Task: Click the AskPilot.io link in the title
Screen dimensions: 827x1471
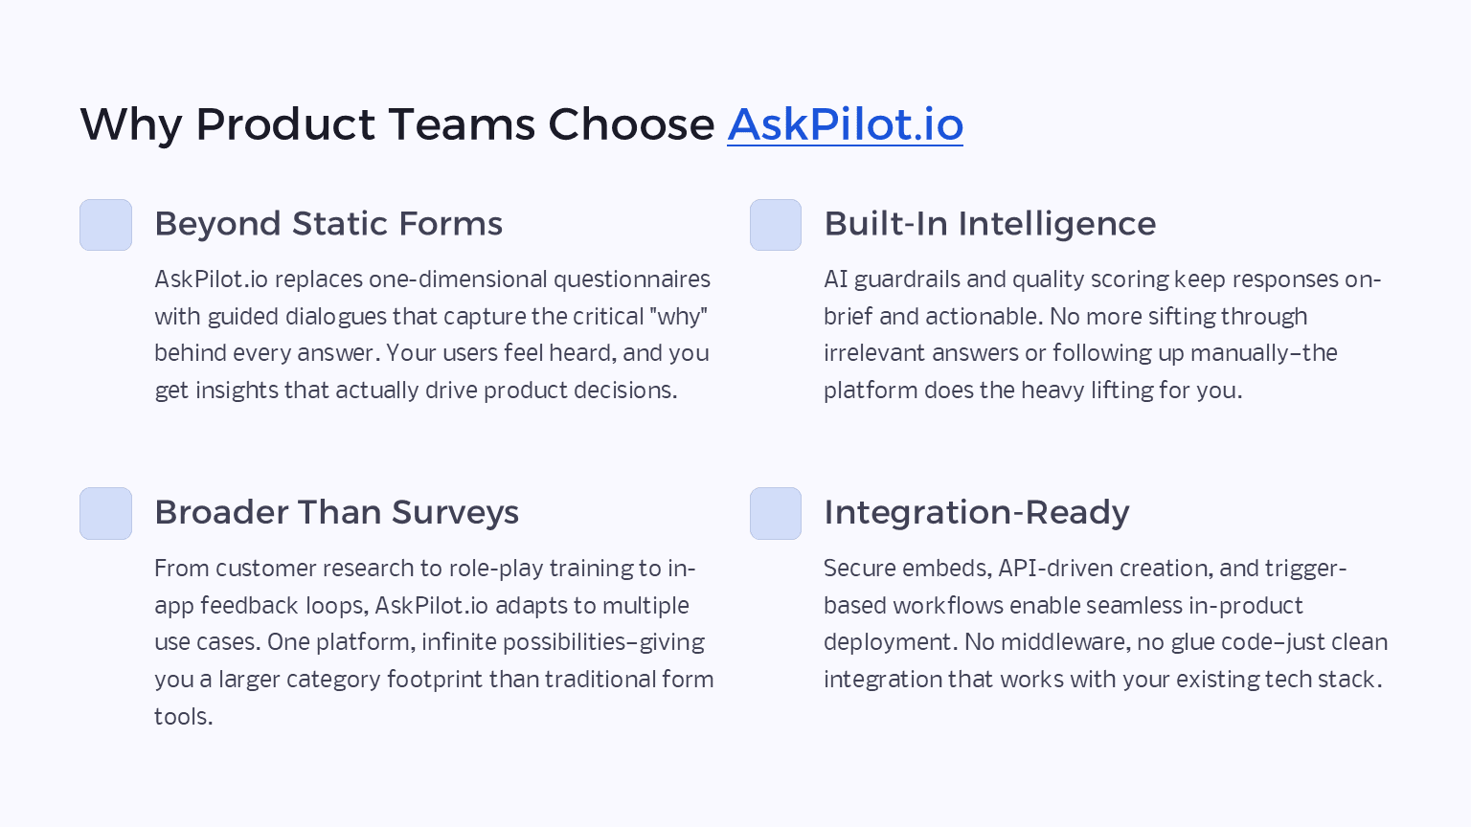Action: (x=845, y=124)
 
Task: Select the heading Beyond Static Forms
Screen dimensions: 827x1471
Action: (x=328, y=224)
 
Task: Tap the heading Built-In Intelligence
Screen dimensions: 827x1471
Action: (x=989, y=224)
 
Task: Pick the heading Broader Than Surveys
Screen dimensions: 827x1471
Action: (x=336, y=513)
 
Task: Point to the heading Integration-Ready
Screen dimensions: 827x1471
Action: (x=976, y=513)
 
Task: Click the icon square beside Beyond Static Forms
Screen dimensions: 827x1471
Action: (x=105, y=225)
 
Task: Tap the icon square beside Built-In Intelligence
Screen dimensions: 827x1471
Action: (x=775, y=225)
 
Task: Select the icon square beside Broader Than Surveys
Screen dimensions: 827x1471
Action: (x=105, y=514)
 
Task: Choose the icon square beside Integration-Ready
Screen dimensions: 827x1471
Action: (x=775, y=514)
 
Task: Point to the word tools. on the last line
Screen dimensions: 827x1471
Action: (x=183, y=717)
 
